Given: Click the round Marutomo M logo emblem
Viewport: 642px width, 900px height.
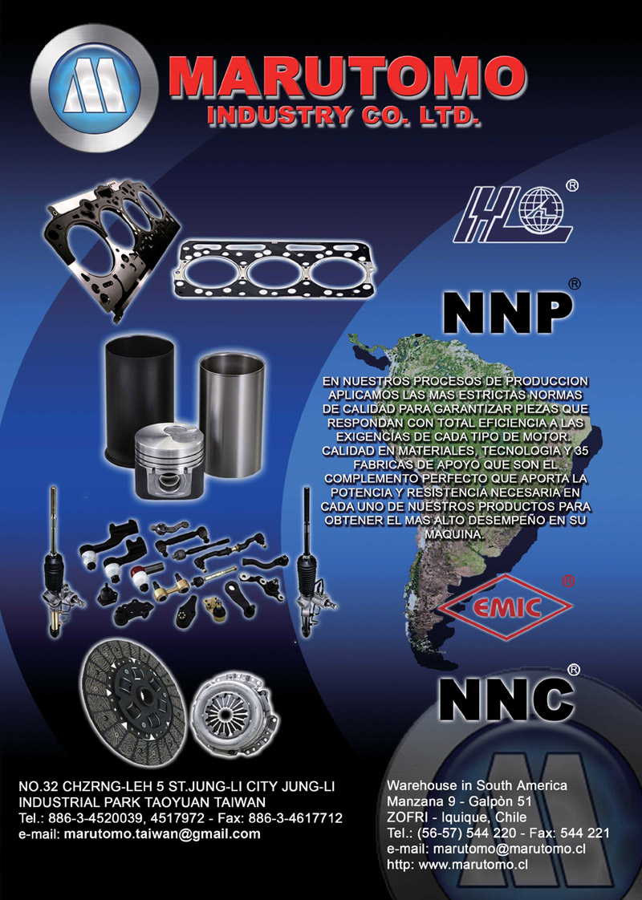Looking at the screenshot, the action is coord(95,87).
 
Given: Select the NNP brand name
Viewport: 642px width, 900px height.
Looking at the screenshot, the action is coord(508,313).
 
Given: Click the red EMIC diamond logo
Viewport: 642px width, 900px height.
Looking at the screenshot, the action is coord(506,606).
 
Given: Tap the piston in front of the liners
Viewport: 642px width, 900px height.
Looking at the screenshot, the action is coord(169,459).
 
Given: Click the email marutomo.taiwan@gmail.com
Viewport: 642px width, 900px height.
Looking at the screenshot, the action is coord(162,834).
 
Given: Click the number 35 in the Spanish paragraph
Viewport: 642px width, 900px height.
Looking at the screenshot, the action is coord(581,451).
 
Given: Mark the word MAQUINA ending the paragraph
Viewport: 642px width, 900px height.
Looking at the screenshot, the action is coord(453,534).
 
